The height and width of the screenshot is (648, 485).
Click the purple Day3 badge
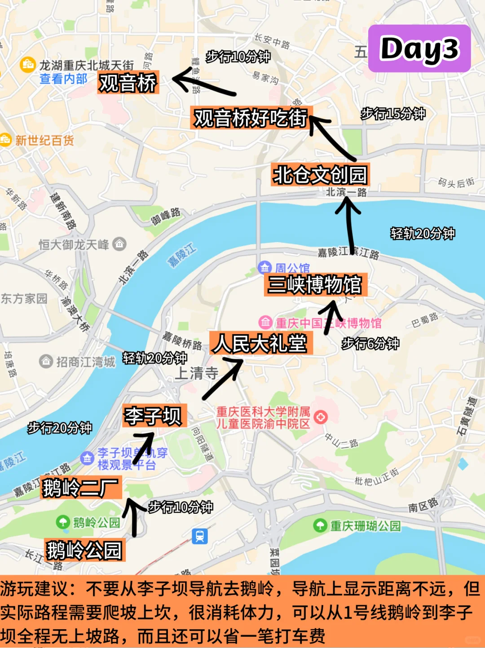pyautogui.click(x=419, y=48)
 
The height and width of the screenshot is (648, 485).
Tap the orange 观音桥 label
pyautogui.click(x=128, y=83)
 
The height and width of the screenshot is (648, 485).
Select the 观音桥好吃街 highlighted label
pyautogui.click(x=250, y=118)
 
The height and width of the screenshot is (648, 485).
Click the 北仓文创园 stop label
pyautogui.click(x=320, y=175)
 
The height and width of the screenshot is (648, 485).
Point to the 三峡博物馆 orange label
pyautogui.click(x=315, y=285)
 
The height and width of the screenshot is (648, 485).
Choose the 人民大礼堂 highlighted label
pyautogui.click(x=261, y=344)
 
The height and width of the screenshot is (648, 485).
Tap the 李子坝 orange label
pyautogui.click(x=154, y=416)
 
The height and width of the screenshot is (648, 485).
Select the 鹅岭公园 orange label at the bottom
pyautogui.click(x=84, y=550)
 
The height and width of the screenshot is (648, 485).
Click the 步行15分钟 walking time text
pyautogui.click(x=393, y=114)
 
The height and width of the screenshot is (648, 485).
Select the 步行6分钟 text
pyautogui.click(x=370, y=344)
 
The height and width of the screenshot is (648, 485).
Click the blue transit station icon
pyautogui.click(x=200, y=536)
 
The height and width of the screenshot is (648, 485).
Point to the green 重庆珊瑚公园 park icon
pyautogui.click(x=320, y=525)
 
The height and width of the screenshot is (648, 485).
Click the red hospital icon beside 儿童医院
pyautogui.click(x=320, y=418)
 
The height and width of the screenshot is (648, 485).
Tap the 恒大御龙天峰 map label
pyautogui.click(x=74, y=245)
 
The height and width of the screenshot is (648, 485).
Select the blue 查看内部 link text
pyautogui.click(x=63, y=79)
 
